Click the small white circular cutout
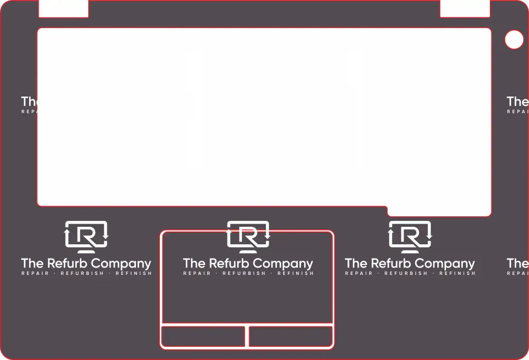pos(514,40)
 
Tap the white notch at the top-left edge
pos(63,8)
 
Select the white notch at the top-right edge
pos(465,8)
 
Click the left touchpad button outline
pos(203,337)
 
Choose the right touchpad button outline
pos(290,337)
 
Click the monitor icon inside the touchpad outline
pos(248,236)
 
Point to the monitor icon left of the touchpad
pos(86,236)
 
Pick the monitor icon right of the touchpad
pos(410,236)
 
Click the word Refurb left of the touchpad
pos(68,263)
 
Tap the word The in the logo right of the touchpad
pos(355,263)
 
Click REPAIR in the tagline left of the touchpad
pos(35,274)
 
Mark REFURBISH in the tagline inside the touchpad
pos(244,274)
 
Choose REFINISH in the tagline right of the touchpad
pos(457,274)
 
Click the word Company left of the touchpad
pos(123,264)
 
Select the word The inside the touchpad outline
pos(194,263)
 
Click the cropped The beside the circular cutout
pos(517,101)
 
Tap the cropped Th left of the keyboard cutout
pos(29,101)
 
